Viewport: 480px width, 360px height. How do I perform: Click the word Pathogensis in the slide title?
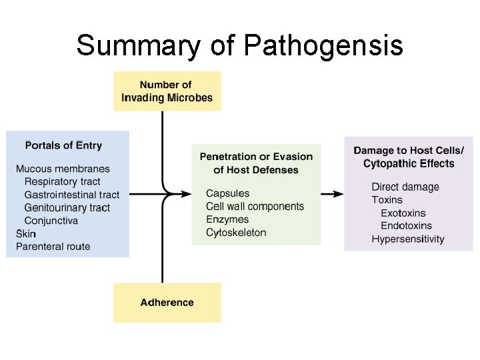coord(323,47)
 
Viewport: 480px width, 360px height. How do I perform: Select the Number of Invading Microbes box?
coord(167,91)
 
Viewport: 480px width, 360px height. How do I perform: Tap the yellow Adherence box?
coord(167,303)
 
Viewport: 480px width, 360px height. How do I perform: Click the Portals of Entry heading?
coord(63,145)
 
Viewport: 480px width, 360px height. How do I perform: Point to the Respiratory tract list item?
coord(62,181)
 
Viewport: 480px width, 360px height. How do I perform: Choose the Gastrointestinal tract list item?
coord(72,195)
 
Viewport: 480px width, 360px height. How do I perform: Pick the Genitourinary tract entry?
coord(67,207)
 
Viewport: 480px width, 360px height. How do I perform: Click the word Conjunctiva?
coord(51,221)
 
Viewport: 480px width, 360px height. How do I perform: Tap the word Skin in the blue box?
coord(26,234)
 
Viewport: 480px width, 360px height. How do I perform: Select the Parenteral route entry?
coord(53,247)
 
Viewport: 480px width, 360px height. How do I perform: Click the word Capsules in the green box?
coord(228,193)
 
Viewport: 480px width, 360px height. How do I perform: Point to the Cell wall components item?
coord(255,207)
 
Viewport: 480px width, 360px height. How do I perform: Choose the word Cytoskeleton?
coord(236,233)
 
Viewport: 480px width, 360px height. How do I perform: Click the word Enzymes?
coord(227,219)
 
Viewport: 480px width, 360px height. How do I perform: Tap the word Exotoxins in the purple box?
coord(403,213)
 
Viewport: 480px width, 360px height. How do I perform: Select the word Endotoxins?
coord(406,226)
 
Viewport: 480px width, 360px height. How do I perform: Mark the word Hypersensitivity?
coord(408,239)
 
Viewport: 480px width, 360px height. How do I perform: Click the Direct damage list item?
coord(405,187)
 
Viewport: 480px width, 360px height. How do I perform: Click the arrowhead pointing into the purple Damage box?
coord(339,194)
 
